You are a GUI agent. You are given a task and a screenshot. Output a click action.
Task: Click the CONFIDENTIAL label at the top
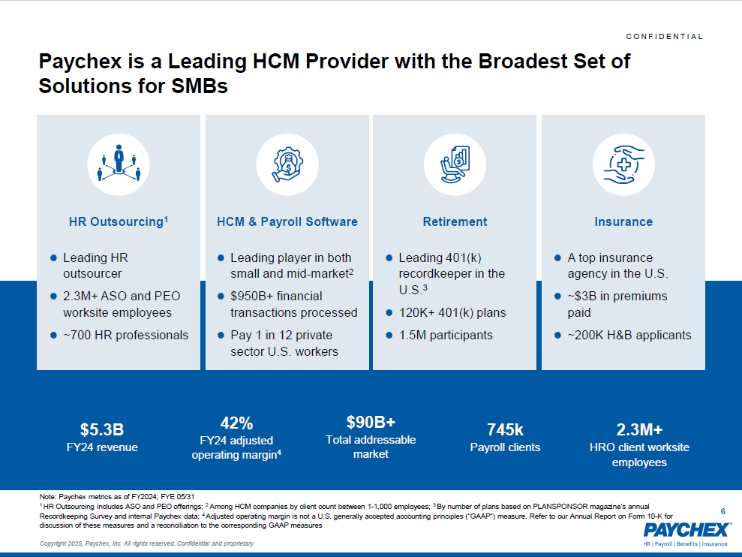click(x=664, y=37)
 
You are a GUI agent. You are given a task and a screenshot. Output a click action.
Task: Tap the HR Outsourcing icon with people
click(x=119, y=161)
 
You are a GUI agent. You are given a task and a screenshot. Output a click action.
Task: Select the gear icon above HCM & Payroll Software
click(x=287, y=161)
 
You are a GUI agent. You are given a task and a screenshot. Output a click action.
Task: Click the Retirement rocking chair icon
click(x=455, y=161)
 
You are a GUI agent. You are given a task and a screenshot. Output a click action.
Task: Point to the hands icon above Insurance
click(x=623, y=161)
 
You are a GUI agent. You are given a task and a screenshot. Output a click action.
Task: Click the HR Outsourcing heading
click(x=119, y=221)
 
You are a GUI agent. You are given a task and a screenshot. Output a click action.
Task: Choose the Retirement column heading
click(x=455, y=221)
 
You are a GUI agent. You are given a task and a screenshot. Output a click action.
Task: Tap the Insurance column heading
click(x=623, y=221)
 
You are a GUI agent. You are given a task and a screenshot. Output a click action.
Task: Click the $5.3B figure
click(x=101, y=430)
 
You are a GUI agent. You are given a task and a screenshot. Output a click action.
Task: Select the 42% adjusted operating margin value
click(x=236, y=423)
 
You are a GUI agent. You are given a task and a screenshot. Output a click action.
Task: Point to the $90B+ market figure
click(x=371, y=422)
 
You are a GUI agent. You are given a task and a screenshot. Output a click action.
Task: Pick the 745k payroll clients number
click(x=505, y=430)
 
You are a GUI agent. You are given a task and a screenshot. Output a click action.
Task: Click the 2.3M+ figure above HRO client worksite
click(x=639, y=430)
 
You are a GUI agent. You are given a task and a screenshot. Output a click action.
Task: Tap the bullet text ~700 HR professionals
click(x=125, y=335)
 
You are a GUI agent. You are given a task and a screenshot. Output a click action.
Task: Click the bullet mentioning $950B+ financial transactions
click(x=293, y=304)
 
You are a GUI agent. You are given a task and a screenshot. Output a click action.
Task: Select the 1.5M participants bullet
click(x=446, y=335)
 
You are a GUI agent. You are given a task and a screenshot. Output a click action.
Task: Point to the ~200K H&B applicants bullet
click(x=629, y=335)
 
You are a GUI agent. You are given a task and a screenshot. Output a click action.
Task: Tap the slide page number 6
click(x=722, y=511)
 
